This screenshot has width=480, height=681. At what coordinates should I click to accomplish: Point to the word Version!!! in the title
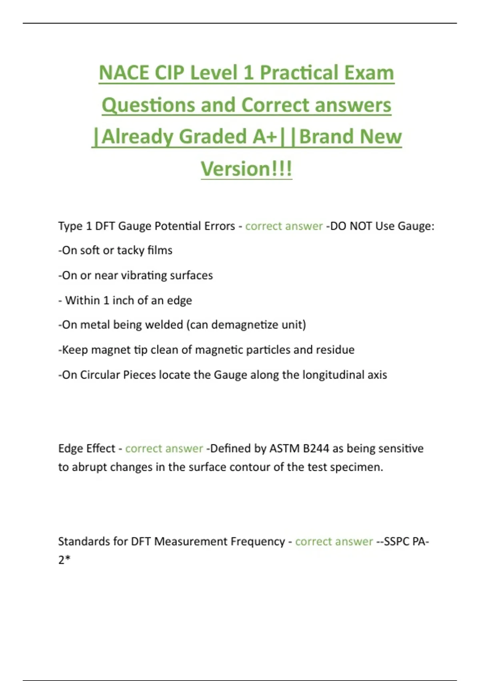tap(246, 169)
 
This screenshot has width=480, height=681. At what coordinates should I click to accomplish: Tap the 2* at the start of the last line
tap(64, 560)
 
